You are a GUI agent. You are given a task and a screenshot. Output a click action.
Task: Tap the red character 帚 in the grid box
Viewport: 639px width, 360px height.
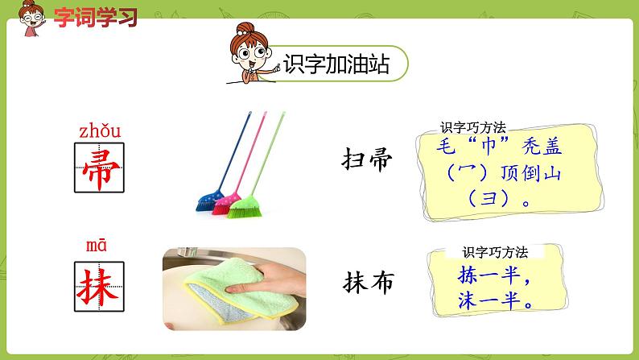click(100, 168)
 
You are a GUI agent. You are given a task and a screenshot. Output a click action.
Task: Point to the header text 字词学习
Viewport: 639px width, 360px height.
click(85, 16)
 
